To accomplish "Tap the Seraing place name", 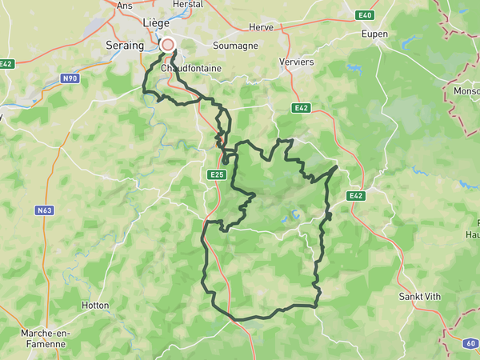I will (x=125, y=46).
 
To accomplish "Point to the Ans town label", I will (x=125, y=6).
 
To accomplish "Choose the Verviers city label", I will (x=298, y=62).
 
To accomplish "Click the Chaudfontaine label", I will (x=190, y=69).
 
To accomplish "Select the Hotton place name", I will (x=95, y=306).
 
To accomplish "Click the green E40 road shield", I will (x=366, y=15).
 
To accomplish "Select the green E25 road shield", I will (x=216, y=174).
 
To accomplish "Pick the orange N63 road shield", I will (x=44, y=211).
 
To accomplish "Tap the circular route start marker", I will (x=168, y=45).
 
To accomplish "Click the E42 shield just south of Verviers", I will (x=302, y=107).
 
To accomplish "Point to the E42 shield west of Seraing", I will (x=6, y=64).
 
